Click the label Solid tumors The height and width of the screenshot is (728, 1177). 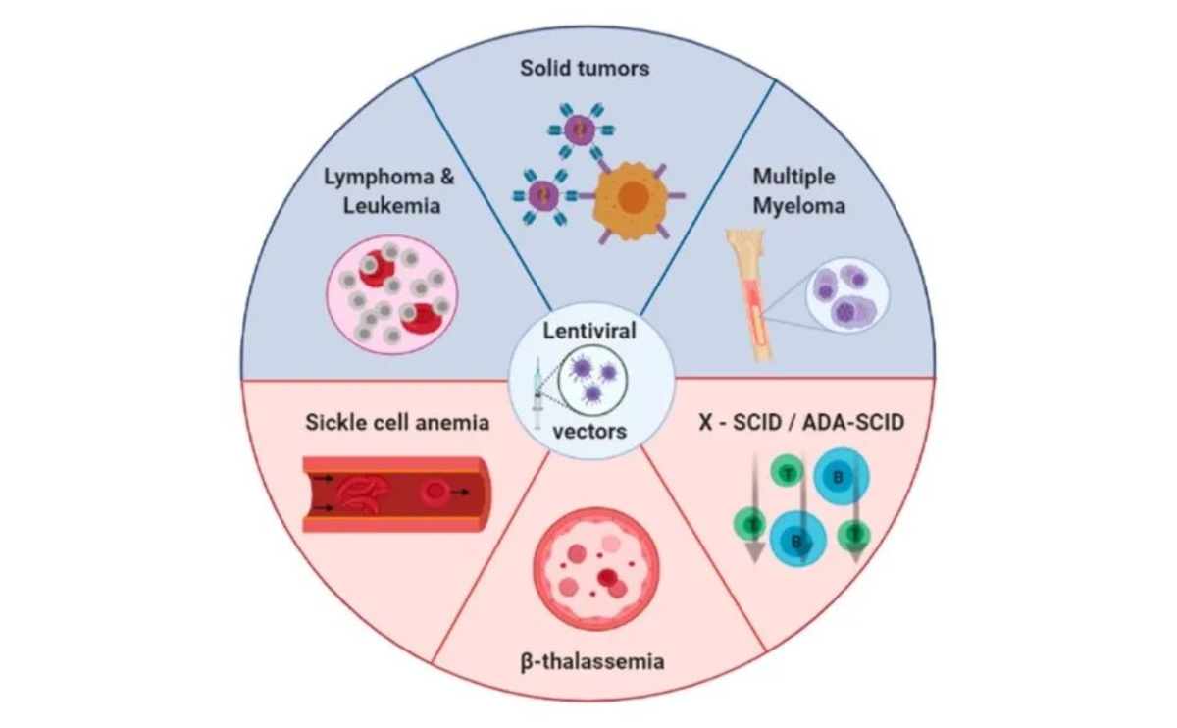coord(586,69)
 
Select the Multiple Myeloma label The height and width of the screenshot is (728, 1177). coord(794,191)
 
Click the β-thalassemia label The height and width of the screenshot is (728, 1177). coord(591,661)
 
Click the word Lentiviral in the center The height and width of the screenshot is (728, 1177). coord(590,331)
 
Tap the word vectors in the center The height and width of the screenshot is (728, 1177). coord(589,430)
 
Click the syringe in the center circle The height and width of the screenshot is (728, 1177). coord(537,392)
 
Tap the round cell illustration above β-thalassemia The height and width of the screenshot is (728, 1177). coord(591,568)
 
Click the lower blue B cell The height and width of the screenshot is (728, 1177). coord(797,539)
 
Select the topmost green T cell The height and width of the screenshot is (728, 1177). coord(787,473)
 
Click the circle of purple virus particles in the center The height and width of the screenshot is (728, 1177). coord(592,381)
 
